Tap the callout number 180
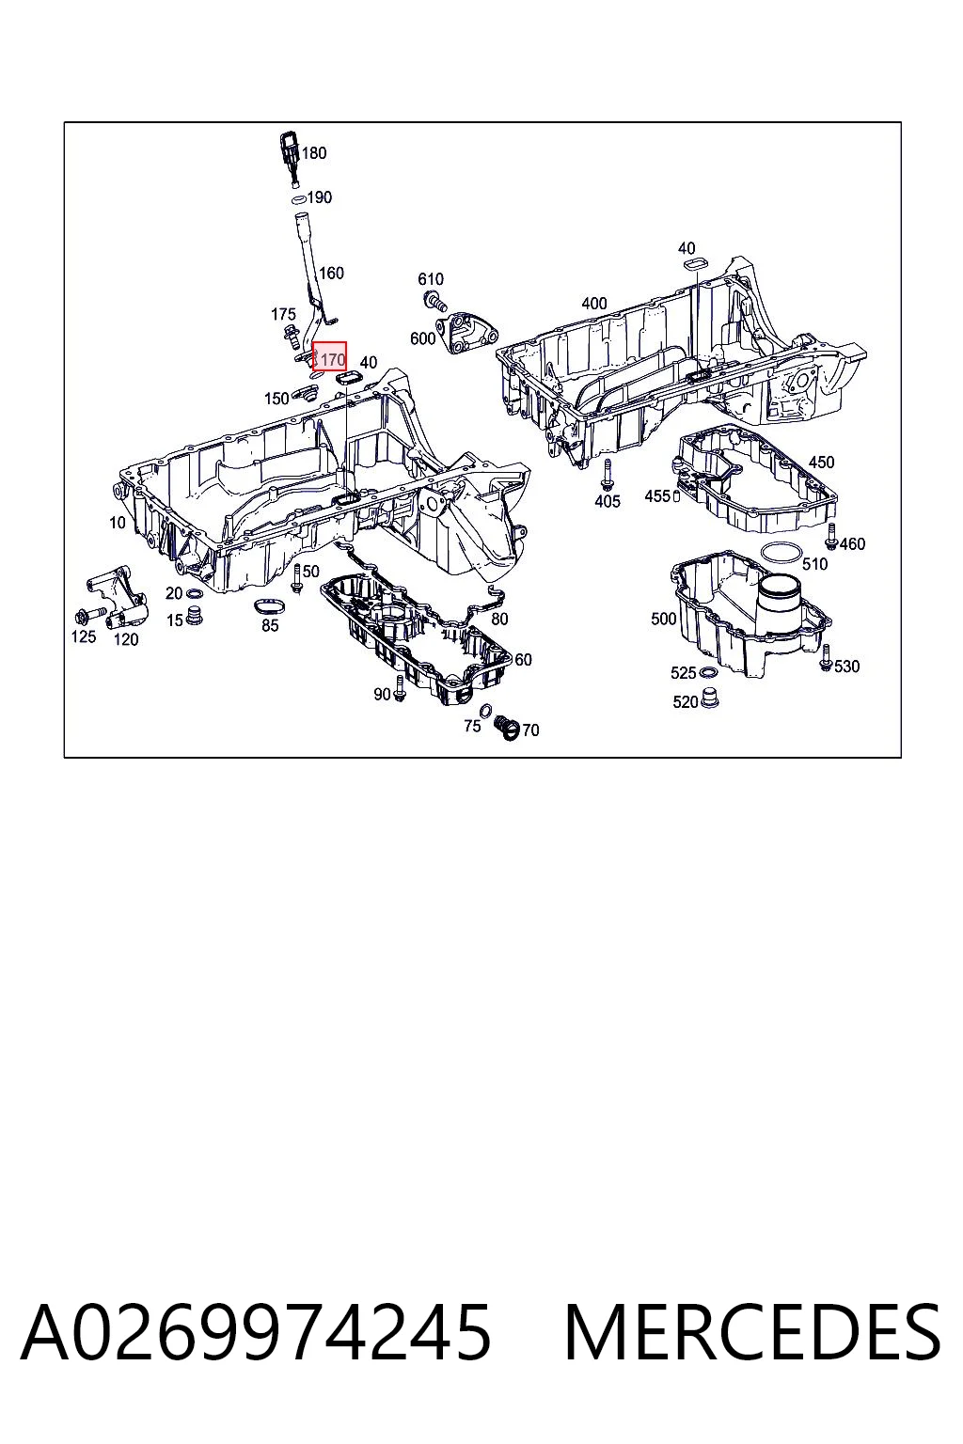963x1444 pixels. pos(314,153)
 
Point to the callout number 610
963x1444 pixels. pos(430,279)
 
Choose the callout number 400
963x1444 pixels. pos(594,303)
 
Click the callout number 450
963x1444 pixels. pos(821,463)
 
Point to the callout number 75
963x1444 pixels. pos(472,726)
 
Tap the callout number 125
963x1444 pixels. pos(83,636)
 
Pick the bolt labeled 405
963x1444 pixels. pos(606,475)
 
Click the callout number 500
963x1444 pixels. pos(664,619)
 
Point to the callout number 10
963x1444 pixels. pos(118,522)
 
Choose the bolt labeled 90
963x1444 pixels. pos(400,688)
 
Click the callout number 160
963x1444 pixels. pos(331,274)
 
